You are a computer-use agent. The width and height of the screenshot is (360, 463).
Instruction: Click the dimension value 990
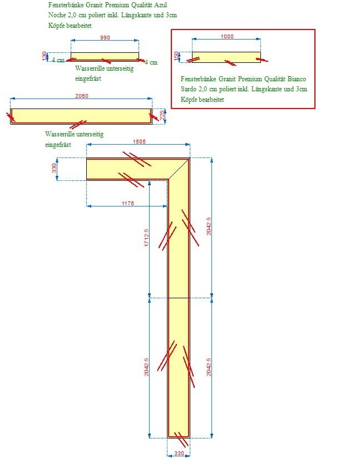105,37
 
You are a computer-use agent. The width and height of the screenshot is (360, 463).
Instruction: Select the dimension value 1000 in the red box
227,36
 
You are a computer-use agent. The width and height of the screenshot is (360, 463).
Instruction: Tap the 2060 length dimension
82,96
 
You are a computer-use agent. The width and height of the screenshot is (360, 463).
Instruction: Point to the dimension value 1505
139,141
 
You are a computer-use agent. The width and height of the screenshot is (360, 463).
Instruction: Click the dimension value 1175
128,203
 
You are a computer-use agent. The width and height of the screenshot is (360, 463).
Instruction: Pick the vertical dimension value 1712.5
146,238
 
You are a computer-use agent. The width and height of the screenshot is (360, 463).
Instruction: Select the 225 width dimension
162,115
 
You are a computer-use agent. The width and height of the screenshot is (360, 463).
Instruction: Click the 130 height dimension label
45,56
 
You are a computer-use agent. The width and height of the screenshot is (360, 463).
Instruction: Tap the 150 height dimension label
176,56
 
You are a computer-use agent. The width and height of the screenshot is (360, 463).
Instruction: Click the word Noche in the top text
57,15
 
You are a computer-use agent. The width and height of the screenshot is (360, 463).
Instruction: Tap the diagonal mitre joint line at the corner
179,169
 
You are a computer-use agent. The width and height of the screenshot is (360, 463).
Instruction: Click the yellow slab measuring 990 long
105,57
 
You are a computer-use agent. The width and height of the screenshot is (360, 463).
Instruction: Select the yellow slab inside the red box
226,57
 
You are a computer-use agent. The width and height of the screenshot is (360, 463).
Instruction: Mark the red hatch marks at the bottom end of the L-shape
181,440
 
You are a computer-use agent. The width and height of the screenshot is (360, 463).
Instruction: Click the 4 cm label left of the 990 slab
58,60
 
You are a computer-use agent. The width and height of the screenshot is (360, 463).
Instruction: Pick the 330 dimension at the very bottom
179,453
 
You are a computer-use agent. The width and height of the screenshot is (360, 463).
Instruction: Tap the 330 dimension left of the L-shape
54,168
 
